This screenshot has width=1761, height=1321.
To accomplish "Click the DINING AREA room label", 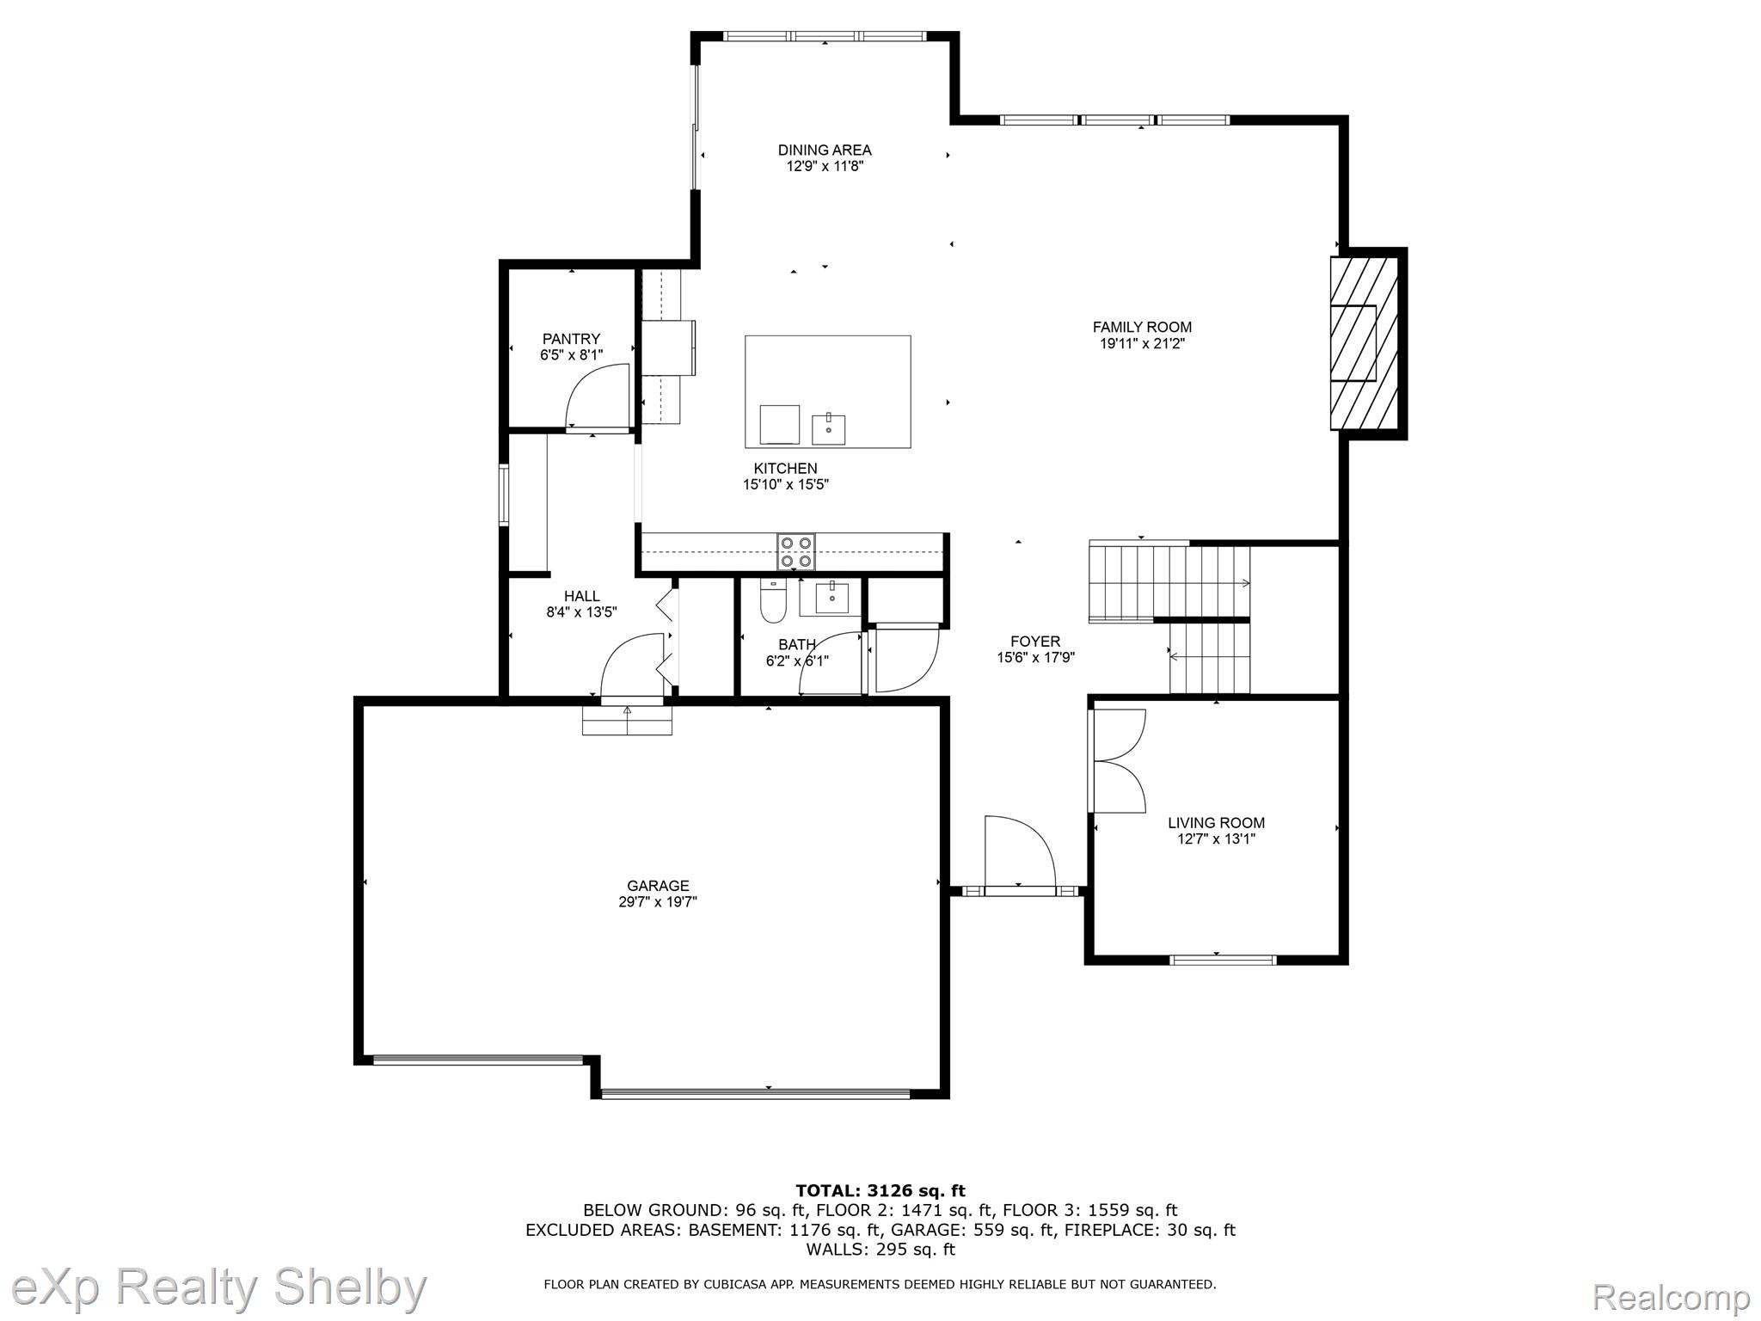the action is coord(825,150).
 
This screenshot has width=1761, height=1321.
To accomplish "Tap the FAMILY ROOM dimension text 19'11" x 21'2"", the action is coord(1142,343).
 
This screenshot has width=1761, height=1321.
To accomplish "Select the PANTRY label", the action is coord(571,339).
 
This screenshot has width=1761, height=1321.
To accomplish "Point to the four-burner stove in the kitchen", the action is coord(796,552).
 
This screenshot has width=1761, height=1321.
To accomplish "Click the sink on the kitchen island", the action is coord(828,428).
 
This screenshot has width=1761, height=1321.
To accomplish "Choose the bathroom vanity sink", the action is coord(831,598).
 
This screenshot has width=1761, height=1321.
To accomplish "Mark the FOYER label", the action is coord(1035,642).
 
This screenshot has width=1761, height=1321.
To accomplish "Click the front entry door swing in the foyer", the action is coord(1020,851).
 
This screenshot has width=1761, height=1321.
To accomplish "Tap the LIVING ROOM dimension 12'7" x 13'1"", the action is coord(1217,839).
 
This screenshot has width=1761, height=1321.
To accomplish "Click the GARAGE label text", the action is coord(658,886).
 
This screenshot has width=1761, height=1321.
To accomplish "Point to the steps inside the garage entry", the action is coord(627,721).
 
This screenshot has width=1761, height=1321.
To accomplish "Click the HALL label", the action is coord(582,596).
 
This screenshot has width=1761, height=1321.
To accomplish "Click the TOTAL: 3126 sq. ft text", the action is coord(880,1191).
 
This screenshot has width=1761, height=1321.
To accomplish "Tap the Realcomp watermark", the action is coord(1672,1296).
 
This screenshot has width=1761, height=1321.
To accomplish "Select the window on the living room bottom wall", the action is coord(1223,960).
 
